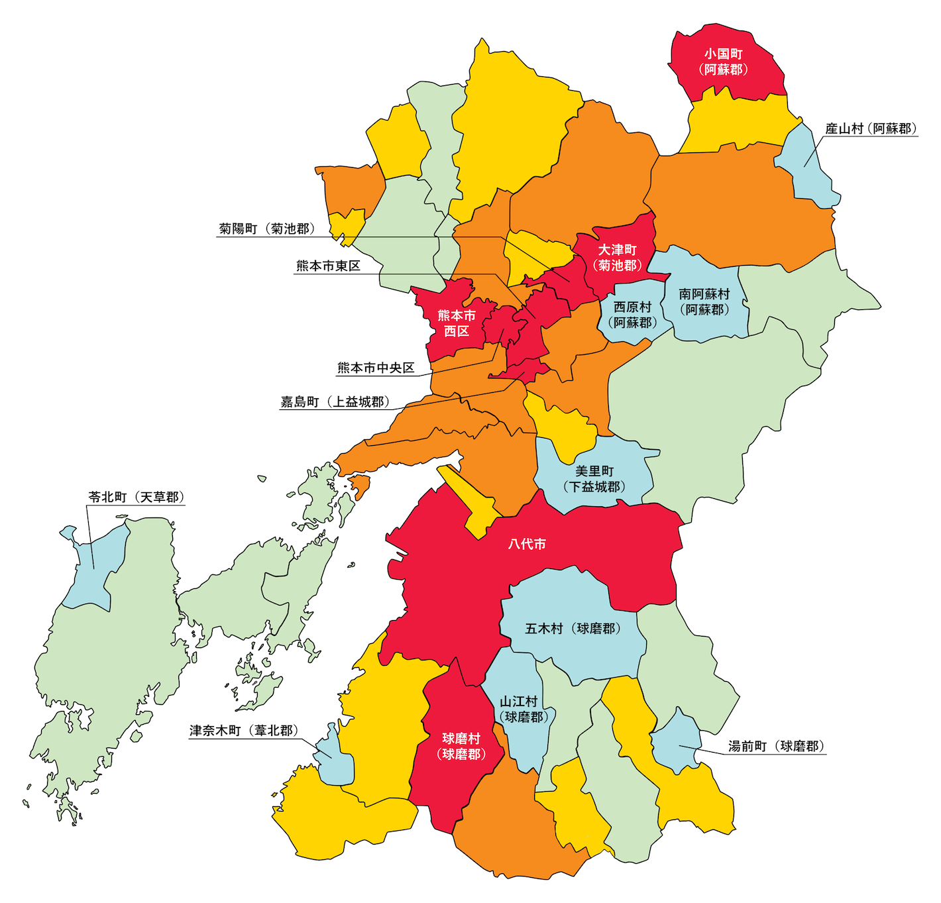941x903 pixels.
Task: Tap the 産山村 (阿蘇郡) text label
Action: (x=871, y=129)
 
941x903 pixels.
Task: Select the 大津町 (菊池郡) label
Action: (x=617, y=258)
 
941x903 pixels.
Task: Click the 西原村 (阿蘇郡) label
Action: (x=632, y=315)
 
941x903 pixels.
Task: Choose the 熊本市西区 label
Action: (x=456, y=323)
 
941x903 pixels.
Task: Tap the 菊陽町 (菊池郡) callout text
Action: (x=266, y=229)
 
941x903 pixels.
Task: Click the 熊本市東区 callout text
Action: (x=328, y=266)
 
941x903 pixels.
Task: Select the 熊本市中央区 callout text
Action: (x=376, y=368)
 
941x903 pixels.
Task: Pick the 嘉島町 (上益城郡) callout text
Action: (x=335, y=402)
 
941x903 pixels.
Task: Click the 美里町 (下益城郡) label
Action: (x=594, y=479)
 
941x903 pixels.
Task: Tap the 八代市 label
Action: (x=527, y=544)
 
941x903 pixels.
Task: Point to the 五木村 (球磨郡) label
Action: (x=573, y=629)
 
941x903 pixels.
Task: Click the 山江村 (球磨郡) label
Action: (x=523, y=709)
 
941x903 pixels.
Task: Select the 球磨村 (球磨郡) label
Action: (x=461, y=746)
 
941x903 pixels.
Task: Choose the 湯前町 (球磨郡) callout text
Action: (x=777, y=747)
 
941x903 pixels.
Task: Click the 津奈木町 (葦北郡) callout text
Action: (x=244, y=731)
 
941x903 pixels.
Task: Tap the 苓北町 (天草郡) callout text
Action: (x=137, y=497)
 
